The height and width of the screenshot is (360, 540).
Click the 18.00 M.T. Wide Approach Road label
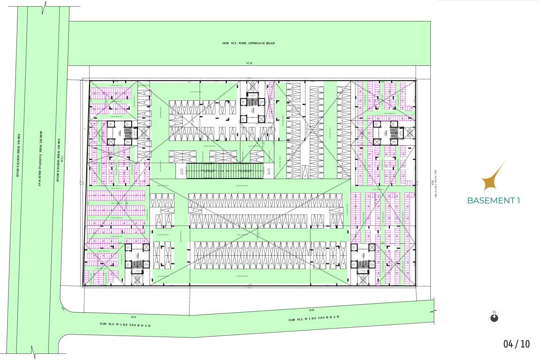coord(248,44)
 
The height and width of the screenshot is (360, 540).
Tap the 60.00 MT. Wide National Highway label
coord(41,157)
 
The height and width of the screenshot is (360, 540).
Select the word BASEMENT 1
coord(494,201)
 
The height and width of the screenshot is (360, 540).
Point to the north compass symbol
coord(494,318)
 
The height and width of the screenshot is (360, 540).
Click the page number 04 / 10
coord(517,344)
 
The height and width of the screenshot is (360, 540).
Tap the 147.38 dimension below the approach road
coord(248,63)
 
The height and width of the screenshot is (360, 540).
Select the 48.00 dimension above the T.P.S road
coord(134,317)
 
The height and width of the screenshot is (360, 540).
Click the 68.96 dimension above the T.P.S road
coord(311,310)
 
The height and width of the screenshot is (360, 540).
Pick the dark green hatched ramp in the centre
coord(225,172)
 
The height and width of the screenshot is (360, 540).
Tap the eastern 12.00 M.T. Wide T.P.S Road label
coord(313,318)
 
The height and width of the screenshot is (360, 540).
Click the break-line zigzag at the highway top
coord(44,7)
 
